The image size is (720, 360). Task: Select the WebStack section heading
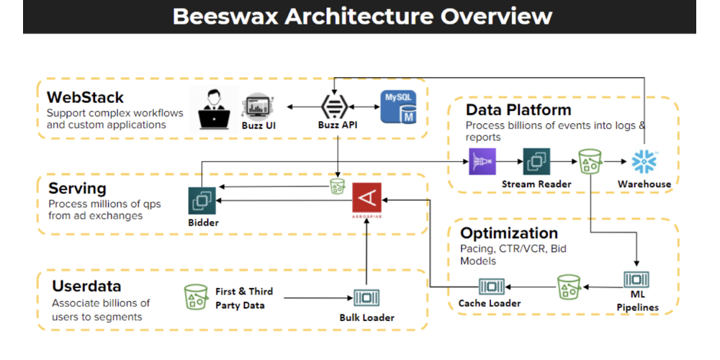85,96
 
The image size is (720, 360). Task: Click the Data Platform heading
518,110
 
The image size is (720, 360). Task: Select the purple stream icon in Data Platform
482,161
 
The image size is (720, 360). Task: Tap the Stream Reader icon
536,161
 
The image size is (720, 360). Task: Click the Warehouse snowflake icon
644,161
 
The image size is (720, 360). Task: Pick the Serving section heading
77,189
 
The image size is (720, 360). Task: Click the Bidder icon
202,200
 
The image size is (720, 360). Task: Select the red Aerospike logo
367,197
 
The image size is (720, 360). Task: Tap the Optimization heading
508,233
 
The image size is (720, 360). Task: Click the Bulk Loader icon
367,298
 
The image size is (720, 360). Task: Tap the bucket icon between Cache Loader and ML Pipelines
569,287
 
